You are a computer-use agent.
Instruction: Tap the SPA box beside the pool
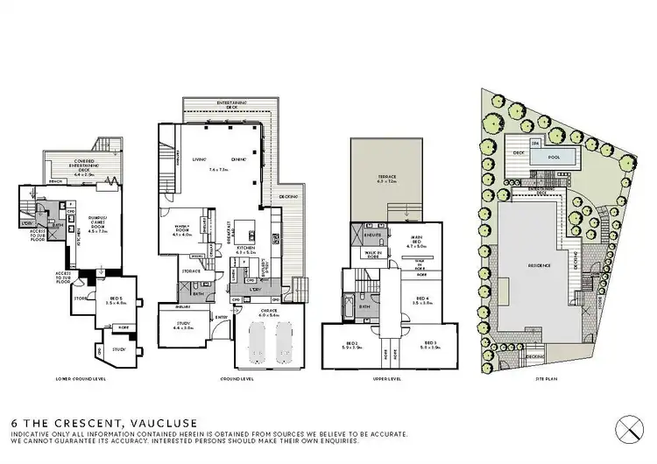pos(534,144)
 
